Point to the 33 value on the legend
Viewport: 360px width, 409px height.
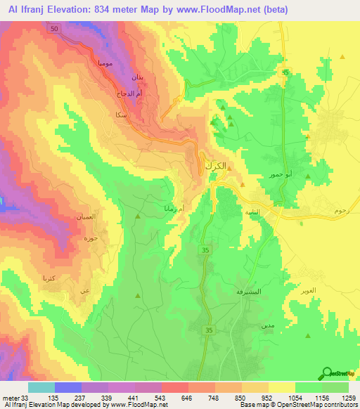25,397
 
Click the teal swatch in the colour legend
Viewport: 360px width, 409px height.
41,387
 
